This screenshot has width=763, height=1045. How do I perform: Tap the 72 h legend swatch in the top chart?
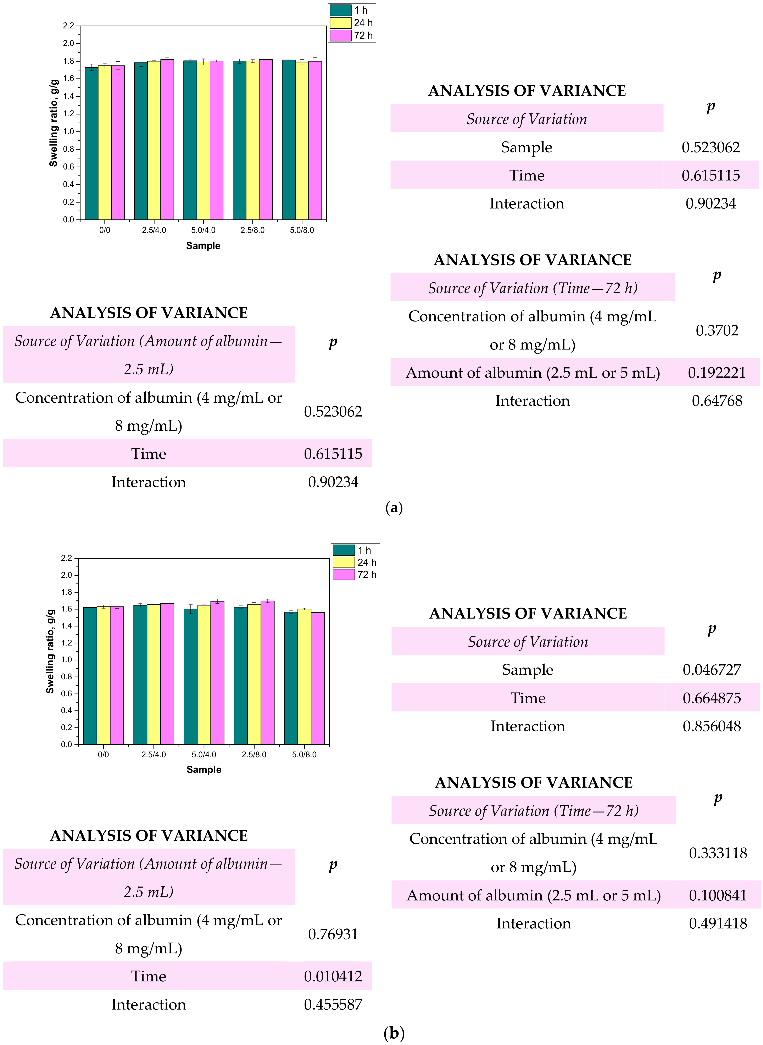pyautogui.click(x=340, y=35)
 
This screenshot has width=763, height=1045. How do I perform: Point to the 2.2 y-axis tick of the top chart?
pyautogui.click(x=68, y=26)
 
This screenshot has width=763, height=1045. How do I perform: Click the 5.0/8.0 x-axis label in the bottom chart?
pyautogui.click(x=304, y=755)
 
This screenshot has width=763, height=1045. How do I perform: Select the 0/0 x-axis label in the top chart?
pyautogui.click(x=105, y=230)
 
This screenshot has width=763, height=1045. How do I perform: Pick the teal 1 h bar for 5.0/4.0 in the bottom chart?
pyautogui.click(x=190, y=676)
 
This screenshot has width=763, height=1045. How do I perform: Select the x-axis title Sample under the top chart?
pyautogui.click(x=203, y=246)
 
